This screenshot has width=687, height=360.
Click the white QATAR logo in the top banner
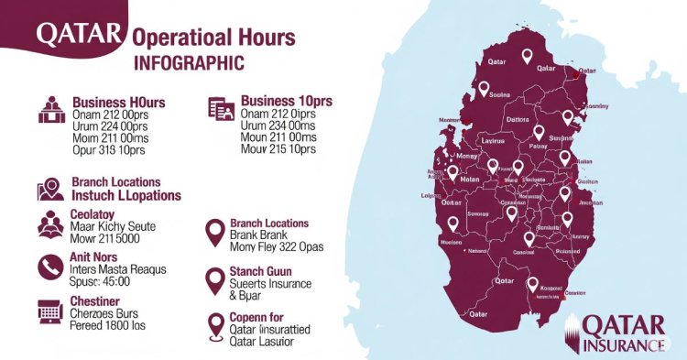78,35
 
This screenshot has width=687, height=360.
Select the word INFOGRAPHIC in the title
189,64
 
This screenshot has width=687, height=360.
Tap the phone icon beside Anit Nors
49,266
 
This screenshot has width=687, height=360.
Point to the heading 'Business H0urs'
118,102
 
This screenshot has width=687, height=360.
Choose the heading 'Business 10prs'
287,100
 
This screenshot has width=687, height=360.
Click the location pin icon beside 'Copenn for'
216,325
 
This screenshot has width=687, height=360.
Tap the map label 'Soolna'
499,94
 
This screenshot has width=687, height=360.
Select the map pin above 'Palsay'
539,133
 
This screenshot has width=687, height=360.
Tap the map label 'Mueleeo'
450,243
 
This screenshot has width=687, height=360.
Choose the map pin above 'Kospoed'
532,285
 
